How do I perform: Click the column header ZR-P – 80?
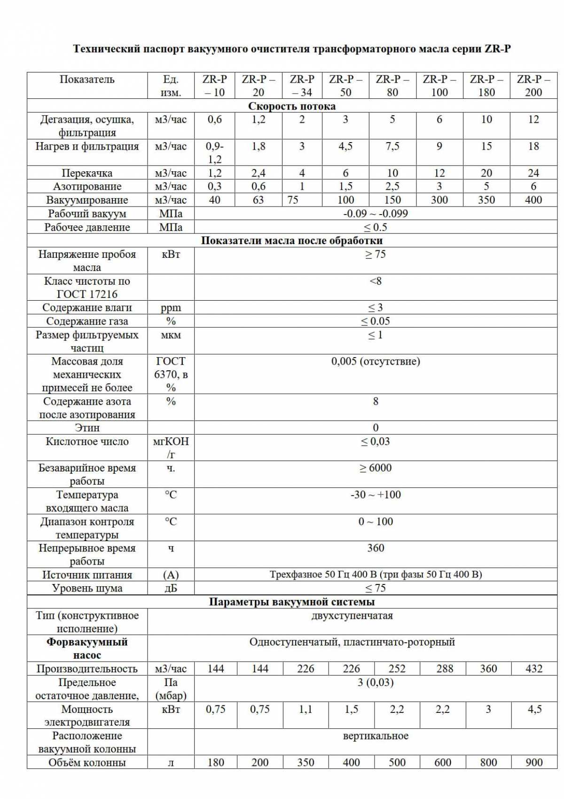pyautogui.click(x=392, y=86)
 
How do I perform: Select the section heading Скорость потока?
pyautogui.click(x=292, y=106)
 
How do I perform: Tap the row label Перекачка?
pyautogui.click(x=87, y=173)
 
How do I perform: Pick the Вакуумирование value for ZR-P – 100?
pyautogui.click(x=439, y=200)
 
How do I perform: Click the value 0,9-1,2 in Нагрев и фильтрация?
pyautogui.click(x=215, y=152)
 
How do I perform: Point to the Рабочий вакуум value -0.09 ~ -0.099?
pyautogui.click(x=375, y=214)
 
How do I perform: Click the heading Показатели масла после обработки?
pyautogui.click(x=292, y=240)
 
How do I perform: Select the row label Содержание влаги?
pyautogui.click(x=87, y=308)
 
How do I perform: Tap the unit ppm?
pyautogui.click(x=171, y=308)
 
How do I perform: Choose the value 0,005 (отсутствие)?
pyautogui.click(x=375, y=361)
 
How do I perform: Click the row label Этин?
pyautogui.click(x=87, y=428)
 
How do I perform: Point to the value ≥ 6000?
pyautogui.click(x=375, y=468)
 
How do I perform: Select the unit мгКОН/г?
pyautogui.click(x=171, y=448)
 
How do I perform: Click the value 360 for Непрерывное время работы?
pyautogui.click(x=375, y=548)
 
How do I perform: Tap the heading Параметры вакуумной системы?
pyautogui.click(x=292, y=602)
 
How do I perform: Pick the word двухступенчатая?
pyautogui.click(x=352, y=616)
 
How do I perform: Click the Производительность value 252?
pyautogui.click(x=397, y=669)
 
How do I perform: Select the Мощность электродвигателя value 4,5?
pyautogui.click(x=534, y=709)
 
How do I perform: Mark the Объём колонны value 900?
pyautogui.click(x=534, y=762)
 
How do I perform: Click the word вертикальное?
pyautogui.click(x=375, y=736)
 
